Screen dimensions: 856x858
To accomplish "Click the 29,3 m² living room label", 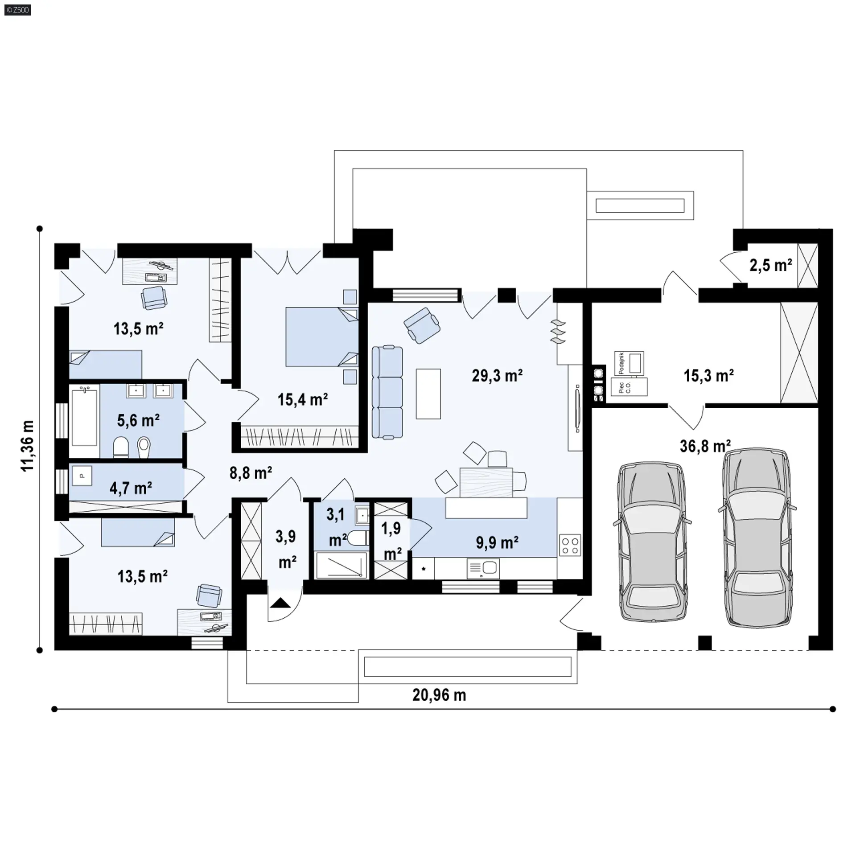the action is (x=497, y=376).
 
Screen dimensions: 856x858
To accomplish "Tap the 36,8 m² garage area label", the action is (x=705, y=446).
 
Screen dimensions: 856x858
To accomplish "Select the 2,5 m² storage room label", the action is (x=770, y=265).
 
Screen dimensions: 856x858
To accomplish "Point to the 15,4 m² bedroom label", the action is (x=303, y=399).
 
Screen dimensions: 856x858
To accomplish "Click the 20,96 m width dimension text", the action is (x=439, y=695).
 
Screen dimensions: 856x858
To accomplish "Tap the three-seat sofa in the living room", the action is (x=387, y=392).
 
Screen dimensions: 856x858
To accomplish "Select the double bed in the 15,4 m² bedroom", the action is (x=321, y=337).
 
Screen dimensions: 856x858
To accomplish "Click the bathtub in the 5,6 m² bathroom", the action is (x=85, y=416).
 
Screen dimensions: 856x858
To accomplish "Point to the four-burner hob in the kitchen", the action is (x=570, y=545).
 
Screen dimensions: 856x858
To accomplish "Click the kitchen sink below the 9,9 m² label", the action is (x=483, y=569).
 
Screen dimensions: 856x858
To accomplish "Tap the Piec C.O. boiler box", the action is (x=629, y=386).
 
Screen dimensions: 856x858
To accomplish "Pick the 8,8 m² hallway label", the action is (x=251, y=472).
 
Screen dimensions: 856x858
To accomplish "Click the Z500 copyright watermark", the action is (x=18, y=9).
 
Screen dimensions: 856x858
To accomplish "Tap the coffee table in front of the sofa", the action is (x=428, y=394).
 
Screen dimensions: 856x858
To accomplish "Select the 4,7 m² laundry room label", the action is (x=131, y=488).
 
